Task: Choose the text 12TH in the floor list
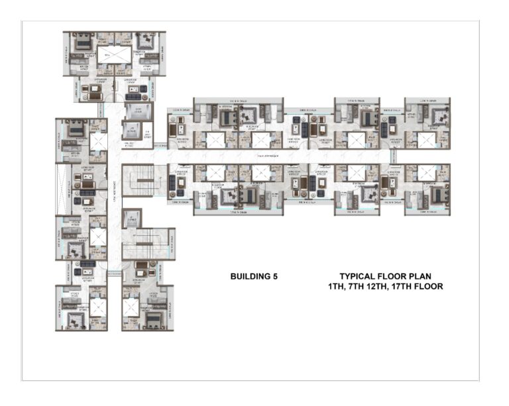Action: (x=385, y=287)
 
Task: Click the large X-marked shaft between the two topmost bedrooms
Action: (x=114, y=54)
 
